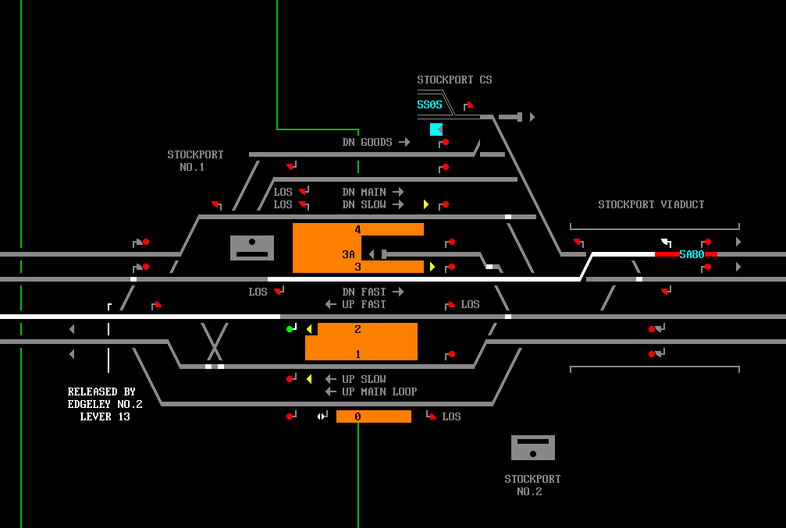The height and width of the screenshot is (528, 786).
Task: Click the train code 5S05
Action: click(429, 105)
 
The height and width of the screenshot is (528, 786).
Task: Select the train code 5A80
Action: click(692, 254)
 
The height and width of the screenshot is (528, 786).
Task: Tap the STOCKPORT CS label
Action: click(454, 80)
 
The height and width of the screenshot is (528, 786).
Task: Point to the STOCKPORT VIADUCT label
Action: click(651, 204)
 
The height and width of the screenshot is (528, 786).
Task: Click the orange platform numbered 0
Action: click(373, 416)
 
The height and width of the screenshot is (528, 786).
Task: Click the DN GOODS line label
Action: click(367, 142)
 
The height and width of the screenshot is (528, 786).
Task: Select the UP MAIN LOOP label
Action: click(379, 392)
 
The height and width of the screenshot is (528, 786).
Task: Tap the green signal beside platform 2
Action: click(290, 329)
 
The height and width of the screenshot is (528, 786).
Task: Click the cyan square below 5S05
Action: click(436, 129)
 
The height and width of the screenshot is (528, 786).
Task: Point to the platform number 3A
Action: click(348, 254)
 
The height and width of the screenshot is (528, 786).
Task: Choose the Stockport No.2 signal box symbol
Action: click(533, 448)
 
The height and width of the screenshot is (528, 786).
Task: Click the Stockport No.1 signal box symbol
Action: click(252, 247)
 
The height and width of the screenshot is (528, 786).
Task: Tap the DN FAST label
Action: click(364, 292)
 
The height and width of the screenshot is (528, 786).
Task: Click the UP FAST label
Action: click(364, 304)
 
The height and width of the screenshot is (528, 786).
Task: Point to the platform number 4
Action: click(357, 229)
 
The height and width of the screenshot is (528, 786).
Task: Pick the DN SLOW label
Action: click(364, 204)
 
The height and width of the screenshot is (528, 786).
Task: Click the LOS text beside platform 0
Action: click(451, 416)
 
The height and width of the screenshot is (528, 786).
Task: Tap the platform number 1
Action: click(357, 354)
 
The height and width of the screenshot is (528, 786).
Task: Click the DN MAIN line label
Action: click(364, 192)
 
